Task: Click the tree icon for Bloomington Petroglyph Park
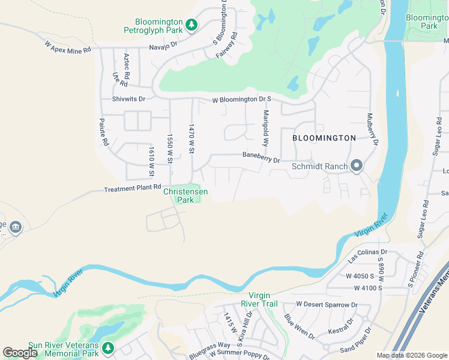click(x=191, y=25)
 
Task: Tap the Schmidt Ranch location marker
click(x=357, y=166)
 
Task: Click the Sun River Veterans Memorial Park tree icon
click(x=107, y=347)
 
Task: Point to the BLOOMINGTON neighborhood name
click(x=324, y=138)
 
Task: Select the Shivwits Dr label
click(x=128, y=99)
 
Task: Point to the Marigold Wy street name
click(x=265, y=129)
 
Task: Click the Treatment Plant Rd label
click(x=132, y=188)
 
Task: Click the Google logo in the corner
click(x=20, y=352)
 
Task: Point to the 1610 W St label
click(x=152, y=161)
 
